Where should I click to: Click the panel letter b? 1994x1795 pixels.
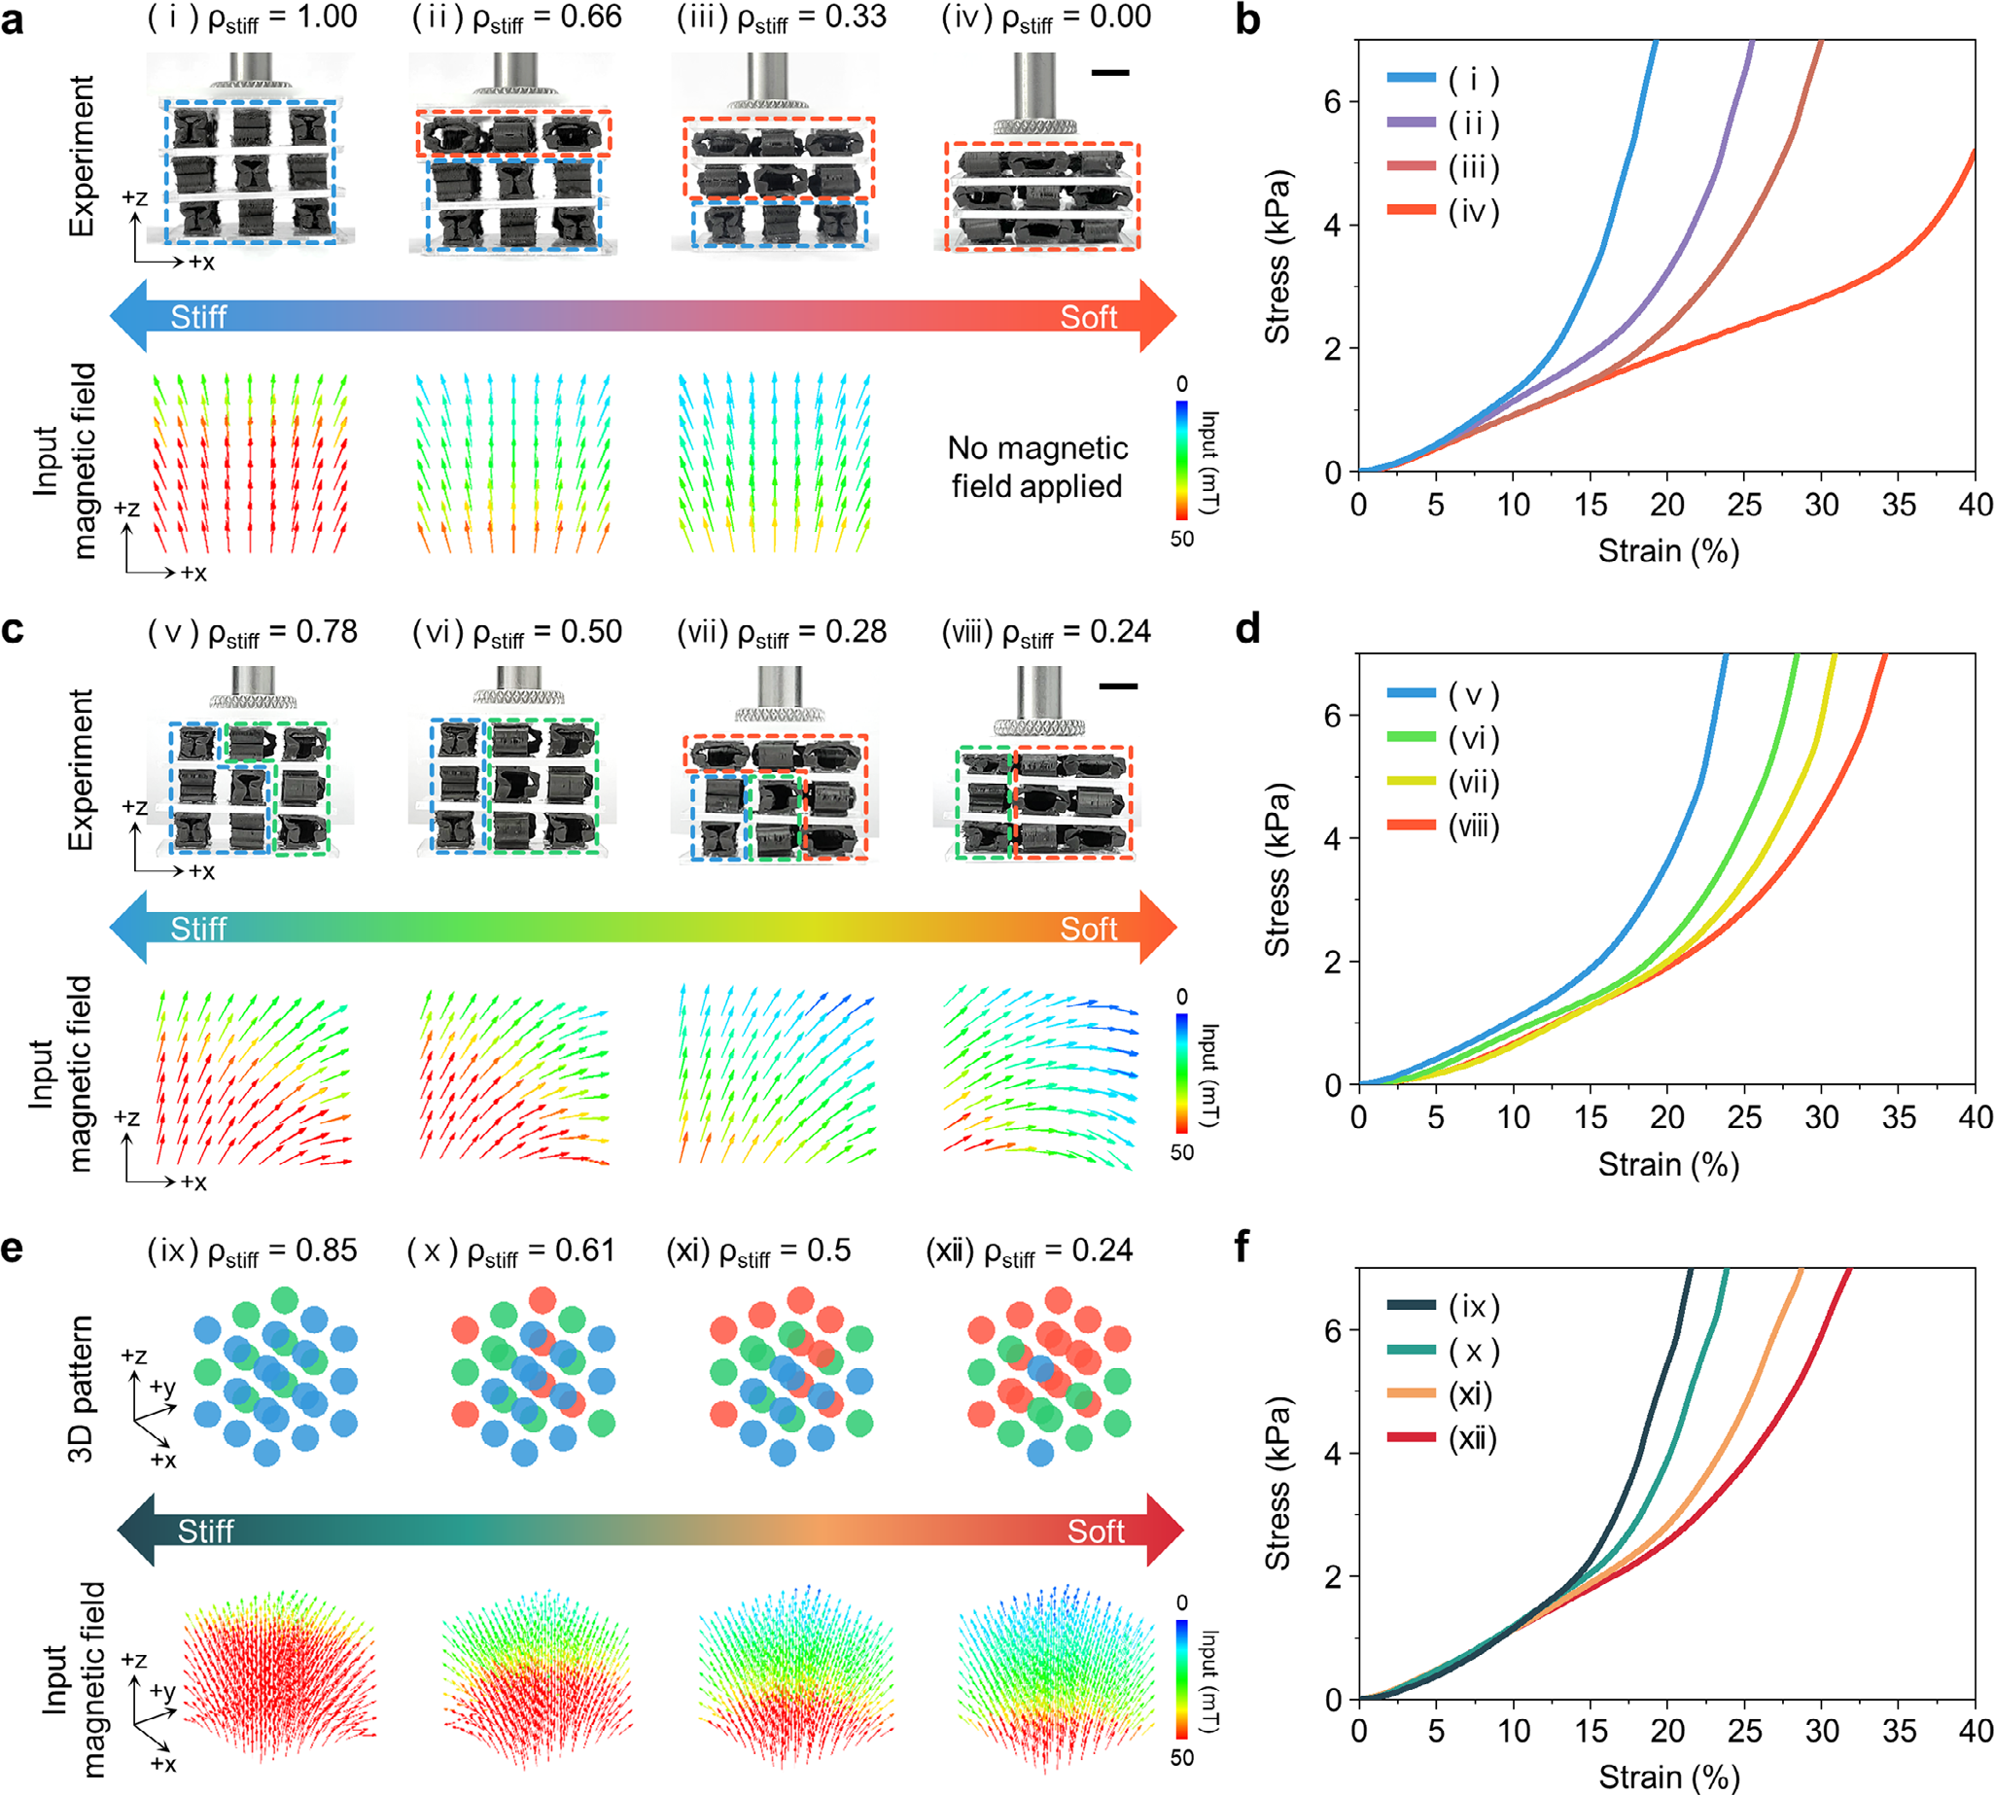[x=1247, y=19]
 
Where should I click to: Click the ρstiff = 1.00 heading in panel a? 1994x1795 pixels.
[x=253, y=18]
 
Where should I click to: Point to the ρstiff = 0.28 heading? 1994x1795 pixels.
[x=781, y=632]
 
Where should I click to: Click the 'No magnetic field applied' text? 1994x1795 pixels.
[x=1036, y=467]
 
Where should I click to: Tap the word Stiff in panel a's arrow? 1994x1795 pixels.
[x=198, y=317]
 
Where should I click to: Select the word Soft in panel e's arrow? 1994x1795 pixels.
[x=1096, y=1531]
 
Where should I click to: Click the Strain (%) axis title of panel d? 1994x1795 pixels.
[x=1668, y=1165]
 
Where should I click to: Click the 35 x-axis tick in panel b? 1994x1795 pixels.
[x=1899, y=505]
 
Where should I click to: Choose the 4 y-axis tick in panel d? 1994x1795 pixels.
[x=1333, y=838]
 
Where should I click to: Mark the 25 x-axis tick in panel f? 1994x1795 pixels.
[x=1744, y=1731]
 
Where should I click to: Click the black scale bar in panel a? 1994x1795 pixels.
[x=1110, y=72]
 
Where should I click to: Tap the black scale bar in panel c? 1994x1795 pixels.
[x=1117, y=686]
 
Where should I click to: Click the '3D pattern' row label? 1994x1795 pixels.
[x=81, y=1388]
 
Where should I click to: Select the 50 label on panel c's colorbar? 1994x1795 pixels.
[x=1181, y=1152]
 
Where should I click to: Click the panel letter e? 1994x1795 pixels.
[x=13, y=1249]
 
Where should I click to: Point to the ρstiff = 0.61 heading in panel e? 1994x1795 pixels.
[x=510, y=1250]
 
